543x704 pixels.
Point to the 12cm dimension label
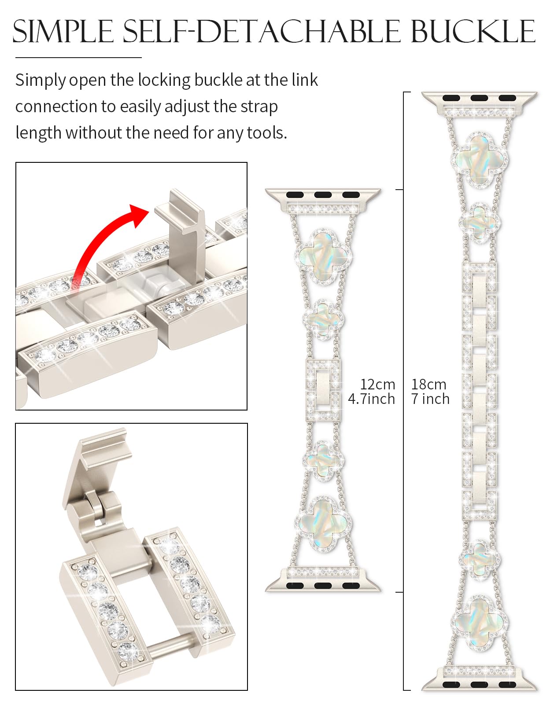click(377, 384)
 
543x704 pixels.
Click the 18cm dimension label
click(428, 384)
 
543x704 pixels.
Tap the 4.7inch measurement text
click(371, 399)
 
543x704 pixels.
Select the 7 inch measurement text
click(430, 399)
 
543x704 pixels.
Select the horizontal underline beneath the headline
click(78, 57)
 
